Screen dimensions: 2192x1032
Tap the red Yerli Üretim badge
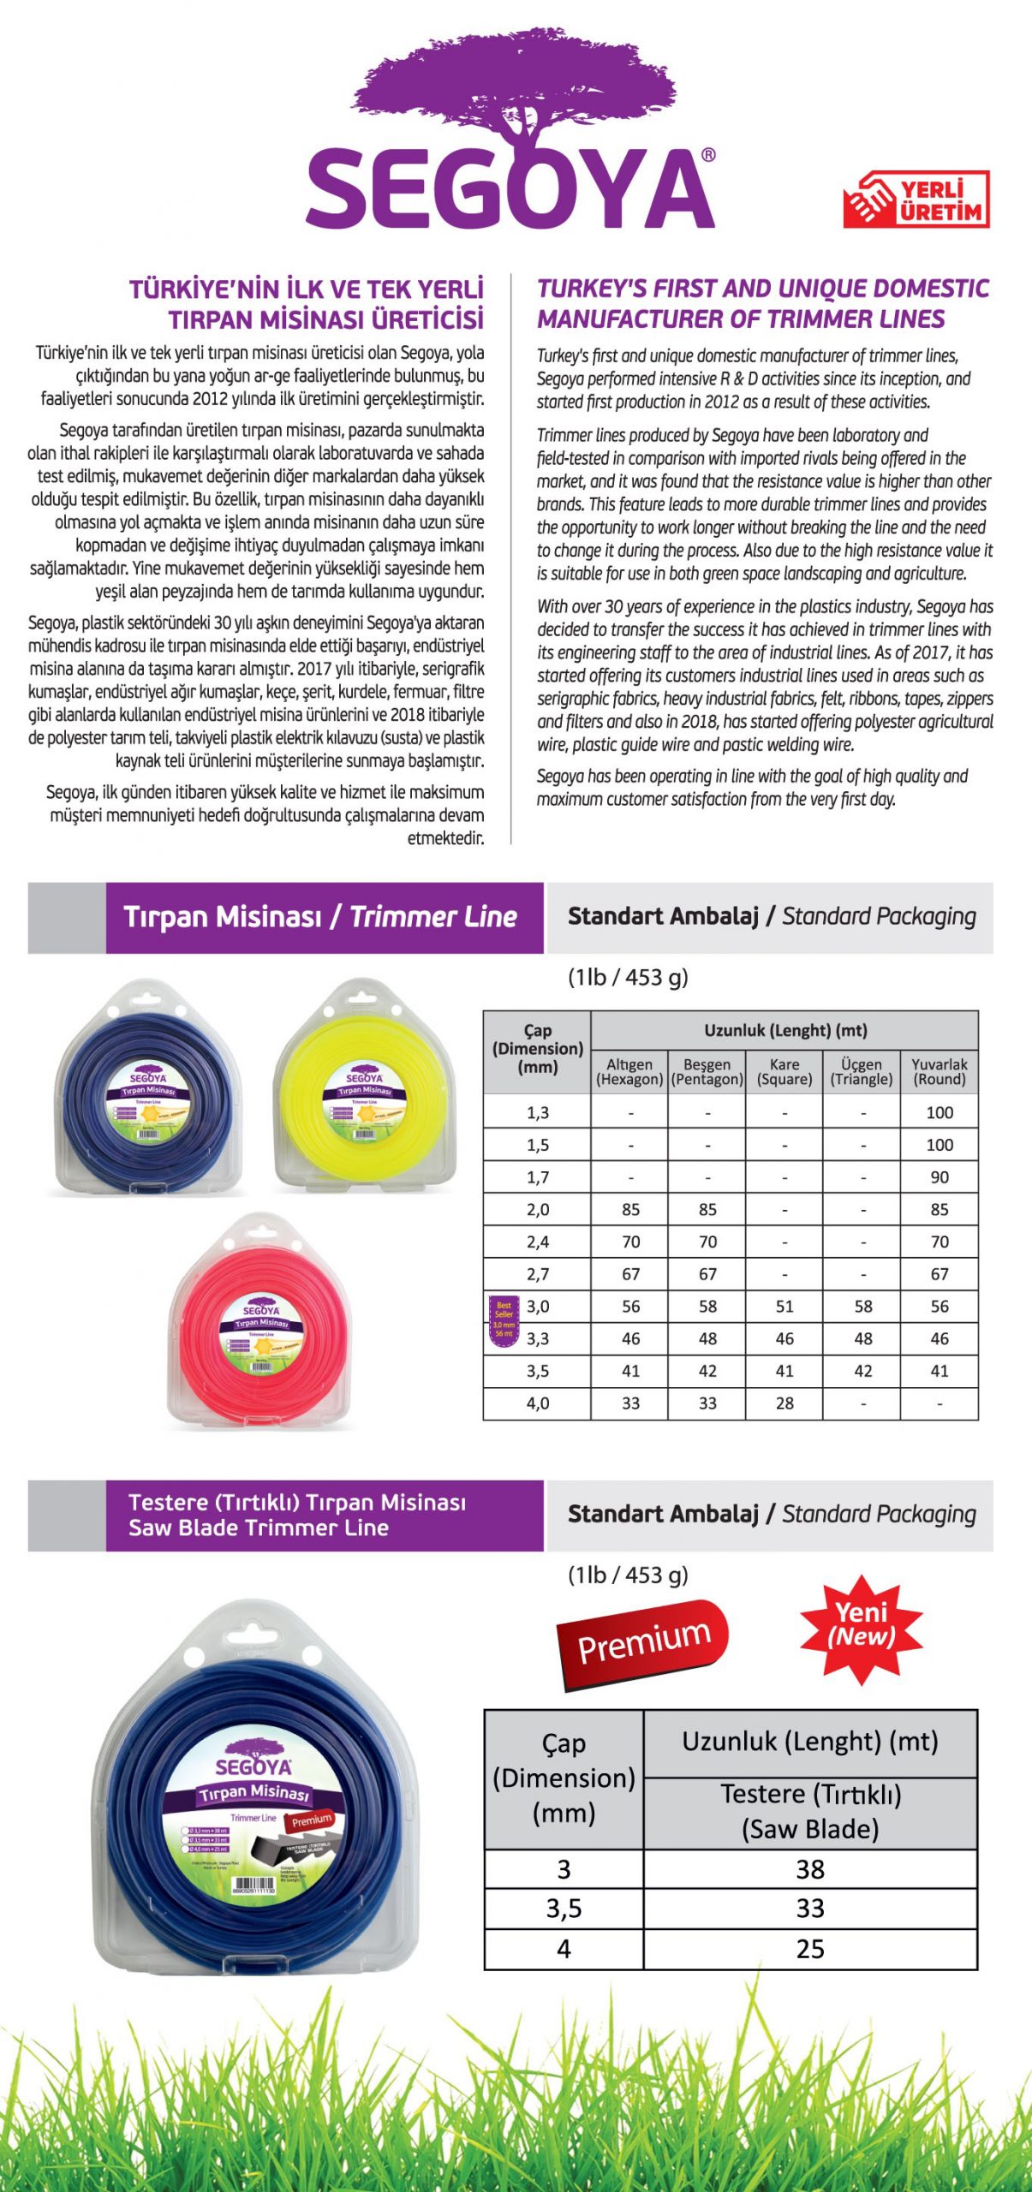[916, 200]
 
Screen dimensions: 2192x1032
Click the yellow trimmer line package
[366, 1087]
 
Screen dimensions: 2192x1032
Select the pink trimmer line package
[260, 1323]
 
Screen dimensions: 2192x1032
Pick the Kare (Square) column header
[784, 1071]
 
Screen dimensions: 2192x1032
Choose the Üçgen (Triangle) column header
[862, 1071]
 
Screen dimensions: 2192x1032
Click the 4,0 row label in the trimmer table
[538, 1403]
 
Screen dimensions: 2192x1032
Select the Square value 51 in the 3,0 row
[784, 1307]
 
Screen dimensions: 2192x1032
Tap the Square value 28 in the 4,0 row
[784, 1403]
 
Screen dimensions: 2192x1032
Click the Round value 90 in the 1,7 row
[940, 1177]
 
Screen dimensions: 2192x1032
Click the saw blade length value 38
[810, 1869]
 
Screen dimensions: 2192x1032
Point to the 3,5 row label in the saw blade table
[564, 1909]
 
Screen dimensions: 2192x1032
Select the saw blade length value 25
[810, 1949]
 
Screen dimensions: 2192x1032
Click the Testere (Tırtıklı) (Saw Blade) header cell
[810, 1811]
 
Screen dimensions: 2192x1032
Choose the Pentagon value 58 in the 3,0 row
[707, 1307]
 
